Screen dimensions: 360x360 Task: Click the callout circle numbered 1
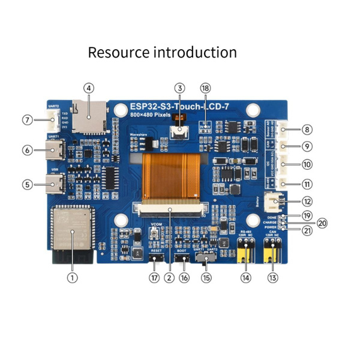pyautogui.click(x=72, y=278)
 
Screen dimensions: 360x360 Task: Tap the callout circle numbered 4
pyautogui.click(x=89, y=88)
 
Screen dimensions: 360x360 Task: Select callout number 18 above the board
pyautogui.click(x=206, y=88)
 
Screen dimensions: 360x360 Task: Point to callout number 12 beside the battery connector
pyautogui.click(x=308, y=202)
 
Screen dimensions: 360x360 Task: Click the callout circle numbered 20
pyautogui.click(x=322, y=223)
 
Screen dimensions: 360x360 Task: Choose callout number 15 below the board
pyautogui.click(x=206, y=278)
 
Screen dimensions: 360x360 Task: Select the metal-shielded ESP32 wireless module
pyautogui.click(x=71, y=227)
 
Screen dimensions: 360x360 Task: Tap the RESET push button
pyautogui.click(x=156, y=260)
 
